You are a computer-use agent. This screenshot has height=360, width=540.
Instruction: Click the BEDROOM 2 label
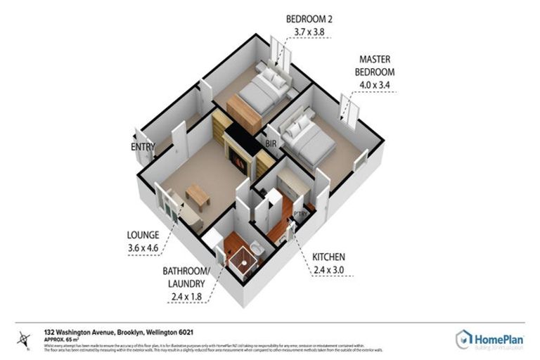310,18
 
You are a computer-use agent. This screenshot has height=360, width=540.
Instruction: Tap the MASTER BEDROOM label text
377,65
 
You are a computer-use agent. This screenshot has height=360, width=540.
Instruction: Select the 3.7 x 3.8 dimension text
310,32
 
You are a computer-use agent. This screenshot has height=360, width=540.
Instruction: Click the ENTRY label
143,146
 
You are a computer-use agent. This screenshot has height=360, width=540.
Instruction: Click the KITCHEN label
329,257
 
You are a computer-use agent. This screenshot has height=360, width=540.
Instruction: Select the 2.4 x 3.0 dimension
329,271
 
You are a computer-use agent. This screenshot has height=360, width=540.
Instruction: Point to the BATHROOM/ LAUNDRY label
186,278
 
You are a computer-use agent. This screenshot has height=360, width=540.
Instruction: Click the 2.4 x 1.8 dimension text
186,297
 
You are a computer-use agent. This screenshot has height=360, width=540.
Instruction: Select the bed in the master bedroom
307,141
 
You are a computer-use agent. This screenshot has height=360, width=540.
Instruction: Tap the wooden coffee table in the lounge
198,195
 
